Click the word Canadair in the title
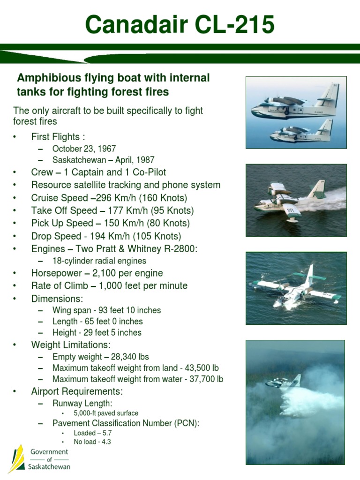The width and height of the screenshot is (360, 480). (x=136, y=24)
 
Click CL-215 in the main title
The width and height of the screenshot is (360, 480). (x=234, y=24)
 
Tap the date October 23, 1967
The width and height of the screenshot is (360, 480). (x=84, y=149)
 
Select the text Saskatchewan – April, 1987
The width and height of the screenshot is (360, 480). (x=104, y=160)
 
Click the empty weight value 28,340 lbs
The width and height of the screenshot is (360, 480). (x=130, y=357)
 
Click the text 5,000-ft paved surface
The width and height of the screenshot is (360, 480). (x=106, y=413)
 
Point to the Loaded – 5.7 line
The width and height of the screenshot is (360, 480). (x=92, y=433)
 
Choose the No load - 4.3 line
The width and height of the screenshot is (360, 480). (x=92, y=442)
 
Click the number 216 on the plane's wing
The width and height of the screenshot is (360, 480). (x=291, y=210)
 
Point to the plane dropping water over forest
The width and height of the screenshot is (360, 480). (x=283, y=381)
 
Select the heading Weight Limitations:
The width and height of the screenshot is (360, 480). (x=71, y=345)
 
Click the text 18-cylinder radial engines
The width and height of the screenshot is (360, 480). (x=99, y=261)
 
